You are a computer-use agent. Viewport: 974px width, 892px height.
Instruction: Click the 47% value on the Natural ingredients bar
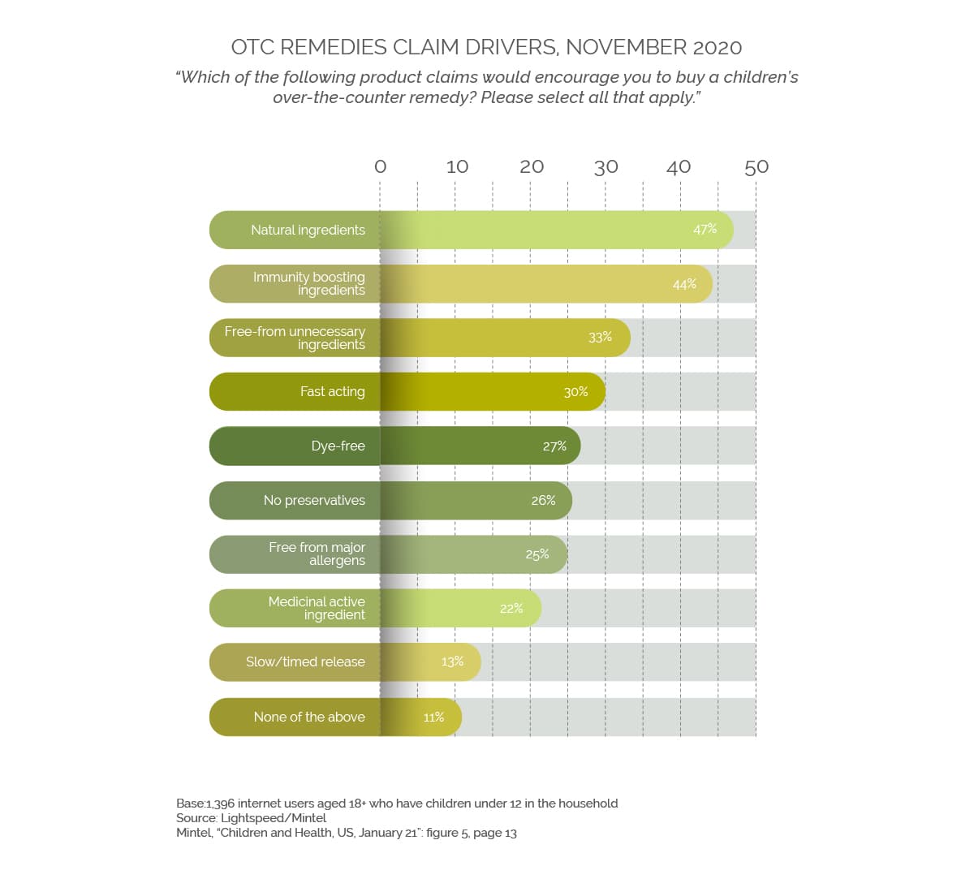click(x=705, y=229)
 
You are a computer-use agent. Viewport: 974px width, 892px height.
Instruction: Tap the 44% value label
click(x=684, y=284)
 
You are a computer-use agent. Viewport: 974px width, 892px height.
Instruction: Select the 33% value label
click(x=600, y=337)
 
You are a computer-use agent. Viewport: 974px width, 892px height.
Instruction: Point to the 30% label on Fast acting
click(x=575, y=392)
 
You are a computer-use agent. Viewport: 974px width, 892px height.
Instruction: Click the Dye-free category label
click(x=338, y=446)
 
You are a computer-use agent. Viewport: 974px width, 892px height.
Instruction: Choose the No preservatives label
click(x=314, y=500)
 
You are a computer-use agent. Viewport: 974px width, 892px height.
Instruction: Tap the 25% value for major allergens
click(x=537, y=554)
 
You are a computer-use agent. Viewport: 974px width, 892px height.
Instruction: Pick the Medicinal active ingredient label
click(x=317, y=608)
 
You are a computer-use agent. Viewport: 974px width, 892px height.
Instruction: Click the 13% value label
click(x=452, y=661)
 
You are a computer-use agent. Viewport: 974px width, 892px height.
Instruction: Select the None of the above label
click(x=309, y=717)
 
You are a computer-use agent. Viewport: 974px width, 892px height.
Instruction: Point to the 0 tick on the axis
click(x=380, y=166)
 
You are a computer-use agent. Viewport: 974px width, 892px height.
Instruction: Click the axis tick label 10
click(x=457, y=166)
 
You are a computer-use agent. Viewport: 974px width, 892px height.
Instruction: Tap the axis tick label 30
click(x=606, y=166)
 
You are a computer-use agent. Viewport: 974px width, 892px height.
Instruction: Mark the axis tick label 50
click(x=756, y=166)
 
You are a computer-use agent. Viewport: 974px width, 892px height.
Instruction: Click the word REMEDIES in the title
click(x=333, y=47)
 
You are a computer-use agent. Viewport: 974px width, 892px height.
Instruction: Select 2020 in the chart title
click(x=718, y=47)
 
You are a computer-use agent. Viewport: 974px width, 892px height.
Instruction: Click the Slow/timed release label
click(x=305, y=661)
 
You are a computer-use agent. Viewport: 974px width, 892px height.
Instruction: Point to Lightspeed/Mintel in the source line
click(x=274, y=818)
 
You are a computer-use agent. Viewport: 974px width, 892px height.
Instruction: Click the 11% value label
click(x=433, y=717)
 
